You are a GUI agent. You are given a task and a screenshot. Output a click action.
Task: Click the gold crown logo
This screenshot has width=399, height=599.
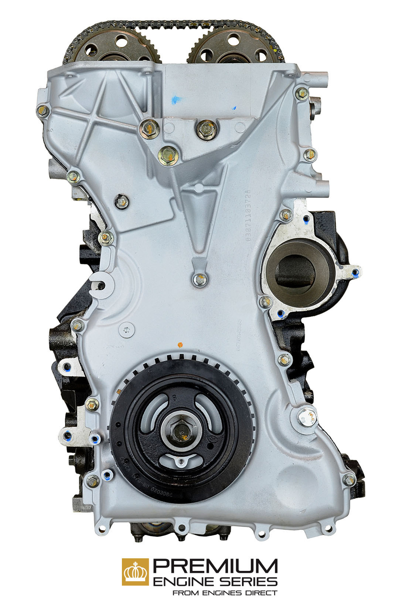tap(135, 572)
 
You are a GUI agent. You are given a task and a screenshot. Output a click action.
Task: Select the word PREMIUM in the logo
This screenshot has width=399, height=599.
tap(215, 566)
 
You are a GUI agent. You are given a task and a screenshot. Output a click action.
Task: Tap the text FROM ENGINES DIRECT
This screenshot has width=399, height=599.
tap(224, 593)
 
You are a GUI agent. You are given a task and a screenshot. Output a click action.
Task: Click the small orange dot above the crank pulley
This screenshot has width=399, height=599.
tap(181, 344)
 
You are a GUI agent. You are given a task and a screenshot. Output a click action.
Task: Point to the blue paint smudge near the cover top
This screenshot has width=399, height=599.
tap(175, 100)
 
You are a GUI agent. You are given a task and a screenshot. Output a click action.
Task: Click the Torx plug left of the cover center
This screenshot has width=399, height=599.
tap(126, 329)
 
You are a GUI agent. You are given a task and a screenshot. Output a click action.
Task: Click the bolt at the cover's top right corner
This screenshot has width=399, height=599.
tap(302, 94)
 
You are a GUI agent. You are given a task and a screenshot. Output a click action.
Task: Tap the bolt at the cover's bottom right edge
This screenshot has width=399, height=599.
tap(349, 480)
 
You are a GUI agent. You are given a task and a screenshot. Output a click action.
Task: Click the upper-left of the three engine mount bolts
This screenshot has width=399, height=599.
tap(149, 129)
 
